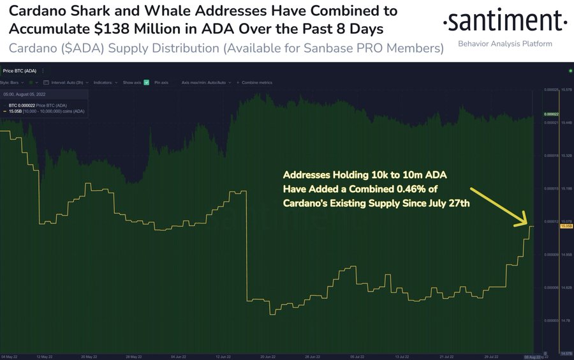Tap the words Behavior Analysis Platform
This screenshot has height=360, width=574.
(x=504, y=45)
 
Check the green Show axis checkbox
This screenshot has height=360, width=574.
(x=147, y=82)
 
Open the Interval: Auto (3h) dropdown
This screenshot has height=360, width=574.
(x=64, y=82)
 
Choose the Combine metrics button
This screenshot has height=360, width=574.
(x=256, y=82)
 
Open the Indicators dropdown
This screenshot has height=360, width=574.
(x=105, y=82)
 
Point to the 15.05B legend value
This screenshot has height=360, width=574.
(x=16, y=111)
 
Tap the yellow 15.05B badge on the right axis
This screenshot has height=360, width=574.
(x=566, y=226)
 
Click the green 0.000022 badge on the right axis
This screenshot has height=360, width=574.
(x=551, y=114)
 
